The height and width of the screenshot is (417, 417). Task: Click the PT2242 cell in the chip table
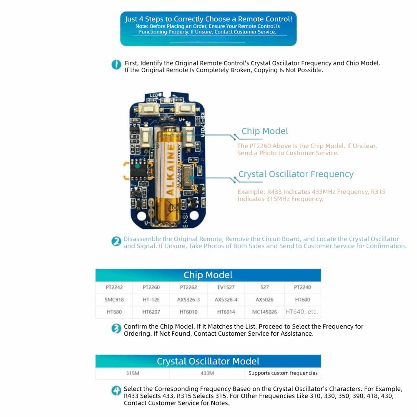click(114, 287)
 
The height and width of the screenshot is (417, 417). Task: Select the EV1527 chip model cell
click(226, 287)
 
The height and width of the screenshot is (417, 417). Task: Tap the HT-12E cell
click(151, 299)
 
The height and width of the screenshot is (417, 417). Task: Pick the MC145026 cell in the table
click(264, 311)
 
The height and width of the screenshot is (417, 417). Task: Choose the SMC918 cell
click(114, 299)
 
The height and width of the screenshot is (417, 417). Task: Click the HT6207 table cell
click(151, 311)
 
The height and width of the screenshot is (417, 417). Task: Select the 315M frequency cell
click(133, 373)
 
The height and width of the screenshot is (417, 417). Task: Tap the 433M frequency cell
click(207, 373)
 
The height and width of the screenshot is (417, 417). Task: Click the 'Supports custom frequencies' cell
click(283, 373)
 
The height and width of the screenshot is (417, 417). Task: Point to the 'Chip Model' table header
click(208, 275)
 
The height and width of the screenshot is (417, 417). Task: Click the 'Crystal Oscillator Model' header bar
click(208, 361)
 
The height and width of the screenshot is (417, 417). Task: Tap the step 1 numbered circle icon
click(116, 65)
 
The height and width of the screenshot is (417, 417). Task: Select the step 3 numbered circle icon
click(116, 329)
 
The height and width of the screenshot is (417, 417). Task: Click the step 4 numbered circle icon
click(116, 391)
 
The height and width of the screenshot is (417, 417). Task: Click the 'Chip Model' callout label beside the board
click(265, 131)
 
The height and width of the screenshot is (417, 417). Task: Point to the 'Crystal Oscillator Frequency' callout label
click(296, 174)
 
